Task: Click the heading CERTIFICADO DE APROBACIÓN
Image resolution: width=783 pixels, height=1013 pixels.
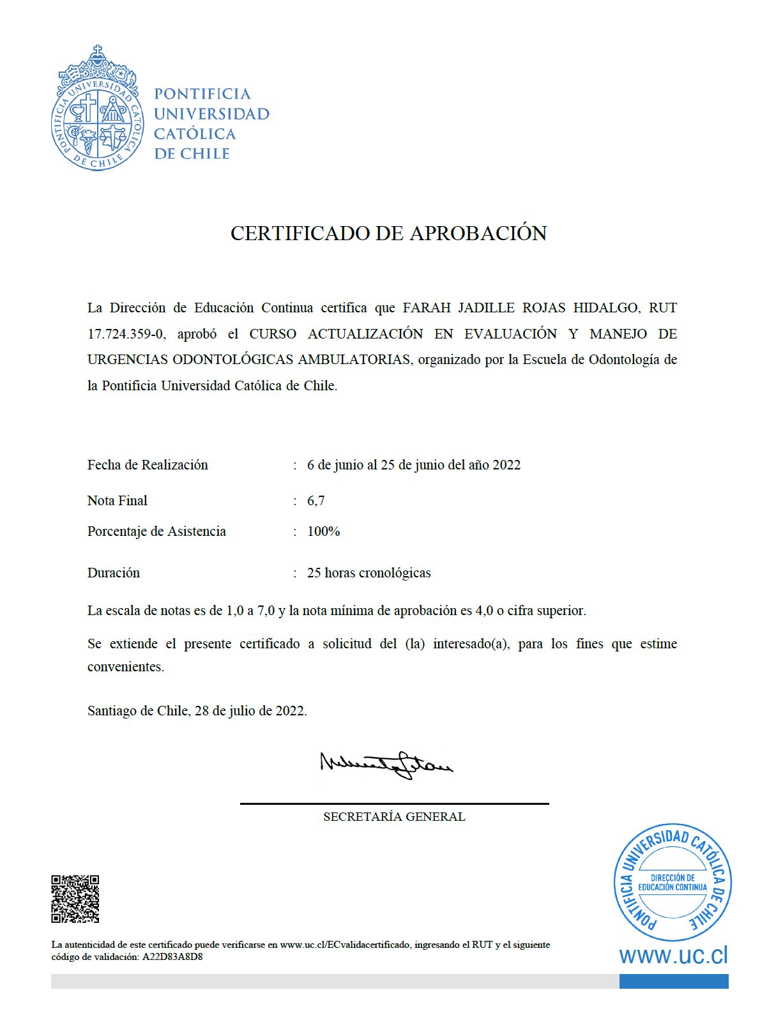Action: (x=388, y=233)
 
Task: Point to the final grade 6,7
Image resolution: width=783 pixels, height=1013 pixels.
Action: (x=315, y=501)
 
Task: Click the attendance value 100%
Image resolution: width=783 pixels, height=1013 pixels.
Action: (x=323, y=531)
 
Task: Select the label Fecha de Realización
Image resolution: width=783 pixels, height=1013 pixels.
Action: (x=148, y=465)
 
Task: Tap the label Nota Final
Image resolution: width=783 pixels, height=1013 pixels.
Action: (x=117, y=501)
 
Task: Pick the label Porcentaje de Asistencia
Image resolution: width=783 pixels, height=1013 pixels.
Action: (x=156, y=531)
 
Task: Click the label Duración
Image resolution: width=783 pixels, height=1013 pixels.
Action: (x=113, y=573)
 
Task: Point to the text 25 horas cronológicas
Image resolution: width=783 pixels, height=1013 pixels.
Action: (x=369, y=573)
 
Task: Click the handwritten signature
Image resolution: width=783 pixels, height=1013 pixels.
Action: (x=386, y=763)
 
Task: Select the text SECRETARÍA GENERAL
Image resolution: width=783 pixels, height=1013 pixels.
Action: (x=394, y=817)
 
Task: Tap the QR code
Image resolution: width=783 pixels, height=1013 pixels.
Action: (x=75, y=899)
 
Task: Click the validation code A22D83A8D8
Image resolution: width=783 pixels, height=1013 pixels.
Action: (x=172, y=957)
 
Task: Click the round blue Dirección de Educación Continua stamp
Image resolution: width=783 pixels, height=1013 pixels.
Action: (x=673, y=882)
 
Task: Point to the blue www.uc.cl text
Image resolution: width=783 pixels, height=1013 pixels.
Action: (x=673, y=956)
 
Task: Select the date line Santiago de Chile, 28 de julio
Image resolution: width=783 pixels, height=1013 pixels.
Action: (x=197, y=711)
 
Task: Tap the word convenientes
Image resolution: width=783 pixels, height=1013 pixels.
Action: (x=125, y=667)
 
